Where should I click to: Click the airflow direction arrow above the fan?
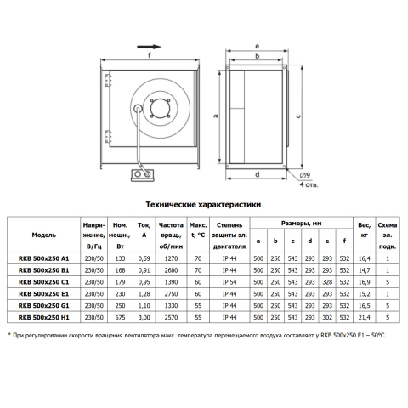click(149, 47)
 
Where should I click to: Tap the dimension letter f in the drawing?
click(150, 55)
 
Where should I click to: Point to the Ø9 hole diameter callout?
click(305, 175)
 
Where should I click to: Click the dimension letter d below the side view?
click(258, 174)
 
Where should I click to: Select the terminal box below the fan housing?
click(142, 175)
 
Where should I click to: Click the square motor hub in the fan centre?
click(160, 109)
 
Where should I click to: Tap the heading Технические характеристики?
click(203, 205)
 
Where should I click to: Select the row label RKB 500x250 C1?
click(43, 282)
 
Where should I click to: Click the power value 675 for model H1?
click(120, 318)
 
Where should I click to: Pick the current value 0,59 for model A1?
click(144, 258)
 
